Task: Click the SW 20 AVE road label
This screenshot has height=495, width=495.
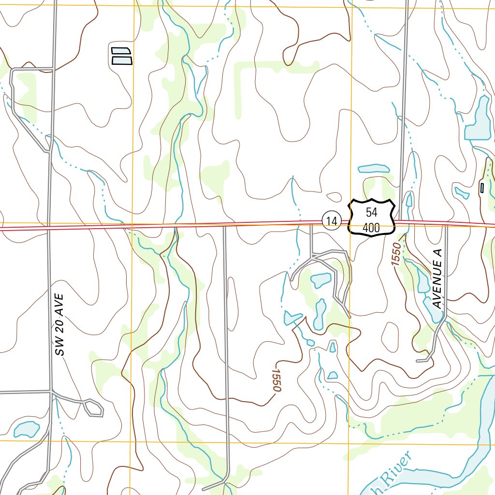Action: [x=59, y=324]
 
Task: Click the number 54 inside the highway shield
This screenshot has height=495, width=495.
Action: [x=371, y=212]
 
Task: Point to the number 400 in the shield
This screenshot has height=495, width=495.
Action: [x=371, y=228]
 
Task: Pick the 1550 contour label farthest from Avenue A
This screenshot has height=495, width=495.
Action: [x=276, y=380]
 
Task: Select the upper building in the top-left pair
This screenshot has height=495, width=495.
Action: [x=121, y=51]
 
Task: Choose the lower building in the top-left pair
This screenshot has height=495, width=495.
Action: [x=122, y=60]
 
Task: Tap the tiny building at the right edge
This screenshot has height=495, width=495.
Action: [x=481, y=188]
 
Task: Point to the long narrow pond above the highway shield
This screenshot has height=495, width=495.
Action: [x=373, y=169]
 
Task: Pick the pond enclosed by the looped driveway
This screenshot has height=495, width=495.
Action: [x=320, y=279]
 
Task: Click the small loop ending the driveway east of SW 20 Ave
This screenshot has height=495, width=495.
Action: [x=94, y=408]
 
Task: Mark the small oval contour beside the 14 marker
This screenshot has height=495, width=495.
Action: [x=334, y=197]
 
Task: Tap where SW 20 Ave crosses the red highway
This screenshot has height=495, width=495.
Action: [x=49, y=227]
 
